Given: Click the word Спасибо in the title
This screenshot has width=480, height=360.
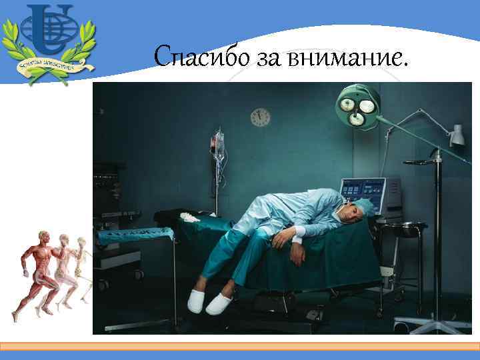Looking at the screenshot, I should (193, 58).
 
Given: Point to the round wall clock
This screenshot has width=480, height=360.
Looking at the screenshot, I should (260, 117).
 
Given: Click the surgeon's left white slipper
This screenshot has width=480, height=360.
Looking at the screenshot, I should (195, 302).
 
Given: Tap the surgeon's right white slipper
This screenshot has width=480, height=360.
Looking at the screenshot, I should (218, 305).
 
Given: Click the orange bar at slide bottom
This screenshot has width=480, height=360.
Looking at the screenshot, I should (240, 347).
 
